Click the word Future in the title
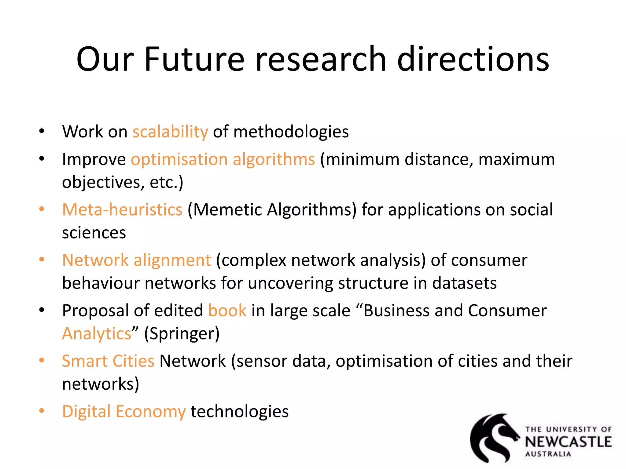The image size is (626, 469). pyautogui.click(x=194, y=60)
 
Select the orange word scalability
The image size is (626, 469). pyautogui.click(x=170, y=132)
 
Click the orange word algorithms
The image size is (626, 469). pyautogui.click(x=274, y=159)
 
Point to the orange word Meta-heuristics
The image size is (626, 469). pyautogui.click(x=122, y=210)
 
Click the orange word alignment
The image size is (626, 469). pyautogui.click(x=172, y=260)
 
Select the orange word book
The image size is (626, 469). pyautogui.click(x=227, y=311)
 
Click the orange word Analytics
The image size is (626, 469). pyautogui.click(x=97, y=333)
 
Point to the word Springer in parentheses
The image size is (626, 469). pyautogui.click(x=182, y=333)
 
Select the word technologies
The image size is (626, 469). pyautogui.click(x=240, y=412)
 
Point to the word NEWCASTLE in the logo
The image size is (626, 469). pyautogui.click(x=568, y=442)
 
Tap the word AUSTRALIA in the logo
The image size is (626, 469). pyautogui.click(x=548, y=454)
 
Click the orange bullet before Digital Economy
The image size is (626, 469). pyautogui.click(x=42, y=411)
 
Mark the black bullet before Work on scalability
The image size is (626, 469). pyautogui.click(x=42, y=131)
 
